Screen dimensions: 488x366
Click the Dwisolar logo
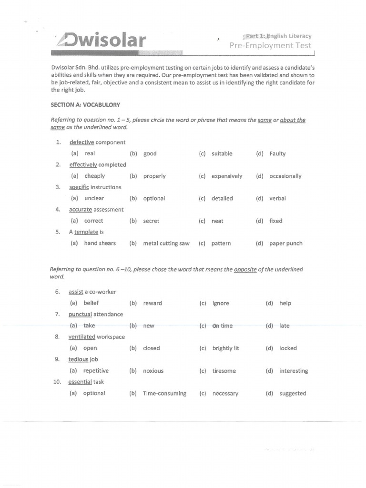[x=101, y=41]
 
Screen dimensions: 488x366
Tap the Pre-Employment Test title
[x=270, y=46]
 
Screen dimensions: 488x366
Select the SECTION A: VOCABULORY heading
[x=85, y=105]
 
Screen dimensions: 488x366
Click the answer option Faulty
[x=277, y=154]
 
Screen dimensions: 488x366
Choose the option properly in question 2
[x=154, y=176]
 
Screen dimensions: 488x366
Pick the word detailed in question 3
[x=222, y=199]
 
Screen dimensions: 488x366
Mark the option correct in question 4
[x=93, y=221]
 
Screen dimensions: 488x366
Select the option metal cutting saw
[x=166, y=244]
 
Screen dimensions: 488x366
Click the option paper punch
[x=285, y=244]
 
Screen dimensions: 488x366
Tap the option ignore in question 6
[x=221, y=304]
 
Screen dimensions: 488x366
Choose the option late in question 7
[x=285, y=326]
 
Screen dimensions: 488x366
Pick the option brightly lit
[x=226, y=348]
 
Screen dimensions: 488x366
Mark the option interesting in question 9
[x=294, y=371]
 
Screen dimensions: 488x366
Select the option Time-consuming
[x=164, y=394]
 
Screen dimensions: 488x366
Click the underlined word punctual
[x=80, y=315]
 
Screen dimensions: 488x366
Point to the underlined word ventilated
[x=82, y=337]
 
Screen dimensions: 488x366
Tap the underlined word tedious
[x=79, y=359]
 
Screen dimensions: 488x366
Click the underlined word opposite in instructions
[x=245, y=270]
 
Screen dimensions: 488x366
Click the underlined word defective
[x=82, y=142]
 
